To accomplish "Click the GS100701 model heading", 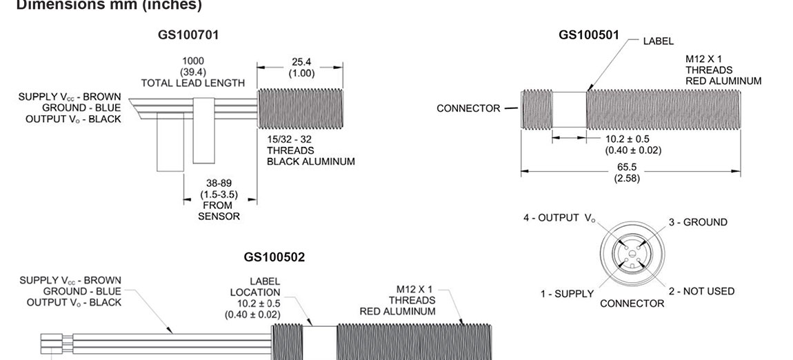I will click(x=188, y=34).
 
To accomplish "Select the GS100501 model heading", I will click(x=589, y=34).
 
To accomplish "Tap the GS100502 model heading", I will click(x=274, y=257).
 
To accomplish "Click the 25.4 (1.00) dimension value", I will click(x=301, y=67).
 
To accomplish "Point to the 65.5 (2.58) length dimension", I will click(x=627, y=172).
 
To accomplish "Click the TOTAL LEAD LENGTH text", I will click(x=192, y=83).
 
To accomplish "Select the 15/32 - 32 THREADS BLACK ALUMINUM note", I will click(x=310, y=150).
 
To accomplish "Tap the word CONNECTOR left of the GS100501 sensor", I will click(x=468, y=108).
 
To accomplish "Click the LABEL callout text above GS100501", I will click(x=658, y=41).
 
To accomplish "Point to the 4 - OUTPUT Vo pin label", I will click(x=559, y=218).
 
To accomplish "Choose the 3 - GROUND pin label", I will click(x=697, y=222).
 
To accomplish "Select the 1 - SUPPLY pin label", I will click(x=567, y=294).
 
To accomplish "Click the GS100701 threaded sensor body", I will click(x=300, y=110).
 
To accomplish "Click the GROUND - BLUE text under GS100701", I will click(x=81, y=108).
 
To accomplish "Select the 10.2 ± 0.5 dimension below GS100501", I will click(x=633, y=143).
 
